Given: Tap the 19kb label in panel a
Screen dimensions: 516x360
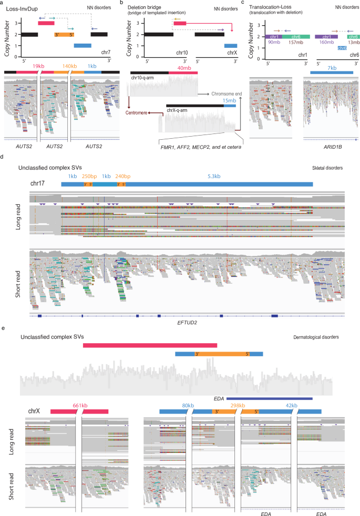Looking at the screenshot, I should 38,67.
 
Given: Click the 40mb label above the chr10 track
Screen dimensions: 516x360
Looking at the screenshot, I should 184,67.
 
